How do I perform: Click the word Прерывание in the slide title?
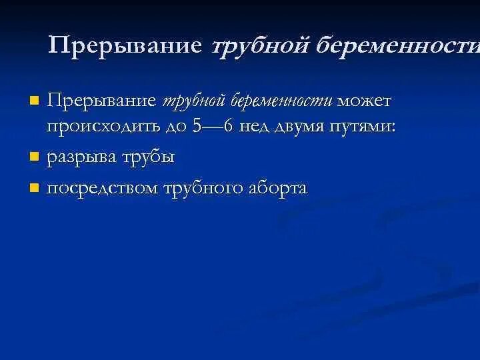coord(125,45)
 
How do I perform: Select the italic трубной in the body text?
coord(194,102)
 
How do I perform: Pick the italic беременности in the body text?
coord(282,102)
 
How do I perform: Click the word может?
coord(365,102)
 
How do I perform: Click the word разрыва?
coord(82,158)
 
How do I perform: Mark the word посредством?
coord(104,189)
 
